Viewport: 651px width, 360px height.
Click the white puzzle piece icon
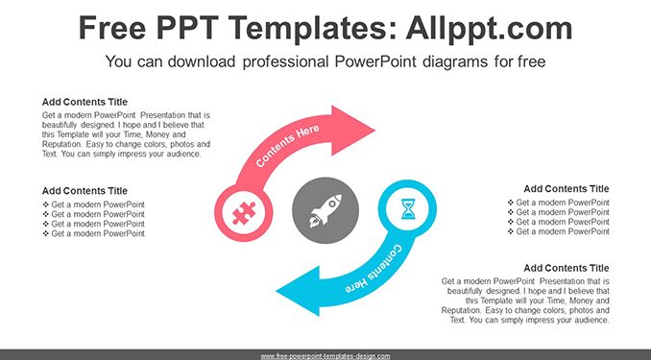tap(244, 213)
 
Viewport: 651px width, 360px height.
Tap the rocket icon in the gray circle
tap(325, 211)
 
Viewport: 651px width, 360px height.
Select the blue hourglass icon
tap(408, 209)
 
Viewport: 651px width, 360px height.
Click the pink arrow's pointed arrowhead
tap(353, 131)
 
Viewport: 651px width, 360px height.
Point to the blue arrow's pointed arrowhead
tap(298, 291)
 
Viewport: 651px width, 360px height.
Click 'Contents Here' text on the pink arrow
tap(287, 145)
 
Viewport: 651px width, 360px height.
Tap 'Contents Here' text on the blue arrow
tap(373, 269)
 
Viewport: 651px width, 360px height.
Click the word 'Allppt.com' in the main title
tap(489, 28)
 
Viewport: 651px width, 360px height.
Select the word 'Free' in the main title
tap(112, 28)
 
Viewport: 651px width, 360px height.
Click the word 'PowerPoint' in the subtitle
tap(375, 61)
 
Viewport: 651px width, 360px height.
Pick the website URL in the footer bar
tap(325, 356)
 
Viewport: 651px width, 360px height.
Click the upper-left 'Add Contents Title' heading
tap(84, 102)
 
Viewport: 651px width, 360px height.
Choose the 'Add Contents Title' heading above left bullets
tap(84, 191)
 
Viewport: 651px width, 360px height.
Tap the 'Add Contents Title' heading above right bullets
tap(567, 188)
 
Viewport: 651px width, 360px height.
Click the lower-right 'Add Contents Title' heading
tap(567, 268)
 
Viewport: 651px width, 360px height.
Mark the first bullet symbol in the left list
tap(46, 204)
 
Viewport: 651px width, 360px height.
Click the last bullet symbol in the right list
tap(510, 231)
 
